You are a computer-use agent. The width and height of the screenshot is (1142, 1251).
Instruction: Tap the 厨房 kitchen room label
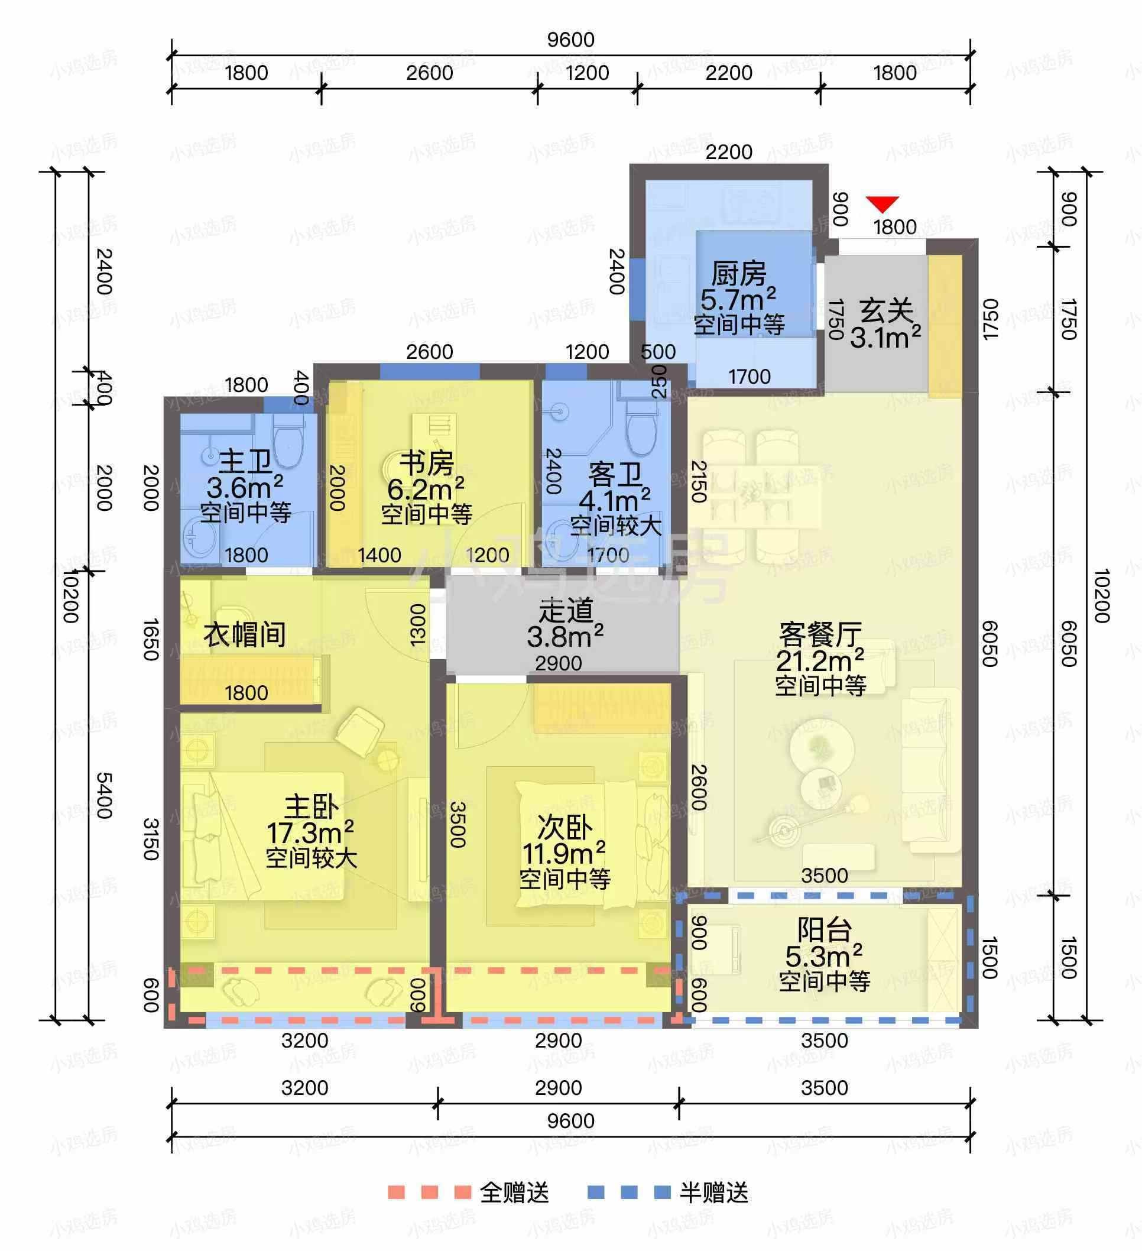(x=739, y=273)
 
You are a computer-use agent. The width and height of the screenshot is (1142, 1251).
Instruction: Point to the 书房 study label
(x=426, y=463)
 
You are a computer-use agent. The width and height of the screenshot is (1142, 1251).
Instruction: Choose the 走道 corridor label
(x=565, y=611)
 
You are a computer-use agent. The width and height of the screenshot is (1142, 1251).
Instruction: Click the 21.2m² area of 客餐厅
(x=820, y=660)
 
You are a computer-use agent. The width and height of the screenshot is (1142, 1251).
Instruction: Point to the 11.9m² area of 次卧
(x=564, y=853)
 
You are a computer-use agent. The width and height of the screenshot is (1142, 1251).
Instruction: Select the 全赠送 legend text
(x=514, y=1192)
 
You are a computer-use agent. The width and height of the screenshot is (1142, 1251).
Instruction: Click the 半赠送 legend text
(x=714, y=1192)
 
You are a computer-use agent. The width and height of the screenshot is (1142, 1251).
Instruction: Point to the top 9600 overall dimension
(x=570, y=39)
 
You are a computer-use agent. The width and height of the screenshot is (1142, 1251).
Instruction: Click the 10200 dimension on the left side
(x=71, y=596)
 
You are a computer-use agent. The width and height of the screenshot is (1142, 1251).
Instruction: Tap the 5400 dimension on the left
(x=103, y=796)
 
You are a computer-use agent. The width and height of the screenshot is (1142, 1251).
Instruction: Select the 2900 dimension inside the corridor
(x=558, y=663)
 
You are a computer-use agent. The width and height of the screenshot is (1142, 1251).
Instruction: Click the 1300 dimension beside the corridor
(x=418, y=624)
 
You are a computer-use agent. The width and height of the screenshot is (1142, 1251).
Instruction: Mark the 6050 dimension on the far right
(x=1068, y=644)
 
